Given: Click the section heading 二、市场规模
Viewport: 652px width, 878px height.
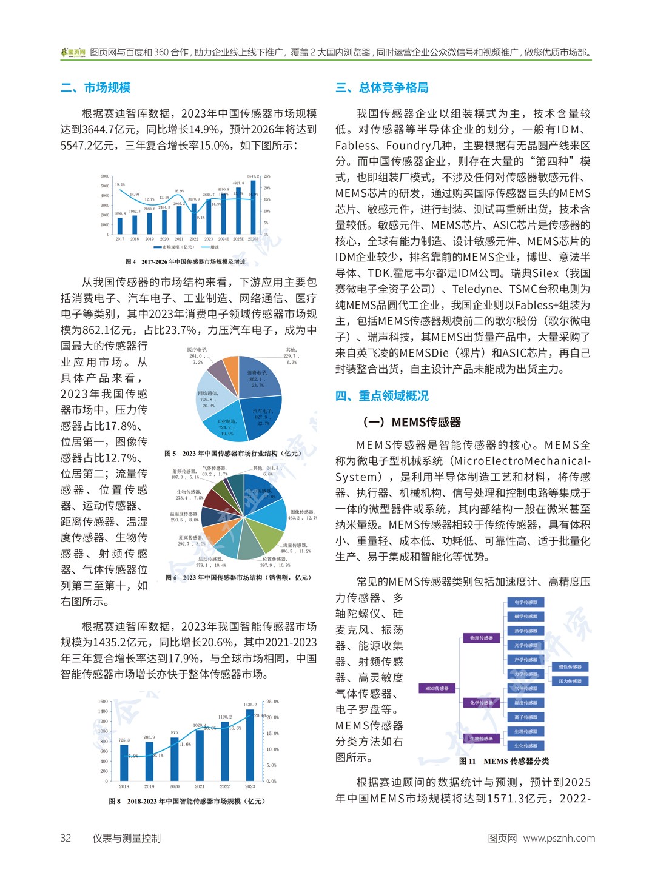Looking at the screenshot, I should [x=95, y=88].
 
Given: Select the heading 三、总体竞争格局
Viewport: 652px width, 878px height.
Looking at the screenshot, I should [x=382, y=88].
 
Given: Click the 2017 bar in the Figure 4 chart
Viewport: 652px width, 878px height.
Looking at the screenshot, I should [x=120, y=226].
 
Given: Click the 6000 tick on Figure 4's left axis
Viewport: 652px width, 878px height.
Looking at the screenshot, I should [x=105, y=176].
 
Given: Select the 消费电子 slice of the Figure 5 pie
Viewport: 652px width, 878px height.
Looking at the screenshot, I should [x=258, y=379].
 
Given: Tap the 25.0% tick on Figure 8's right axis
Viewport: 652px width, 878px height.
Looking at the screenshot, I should [x=272, y=702].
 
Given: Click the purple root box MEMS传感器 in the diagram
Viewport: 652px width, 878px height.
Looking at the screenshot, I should [x=437, y=688].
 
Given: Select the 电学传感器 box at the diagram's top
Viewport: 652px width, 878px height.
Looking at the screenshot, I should [x=525, y=602].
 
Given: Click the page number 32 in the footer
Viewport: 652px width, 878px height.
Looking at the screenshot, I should [x=66, y=839].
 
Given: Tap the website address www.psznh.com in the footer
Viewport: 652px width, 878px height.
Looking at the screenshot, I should [x=559, y=839].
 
